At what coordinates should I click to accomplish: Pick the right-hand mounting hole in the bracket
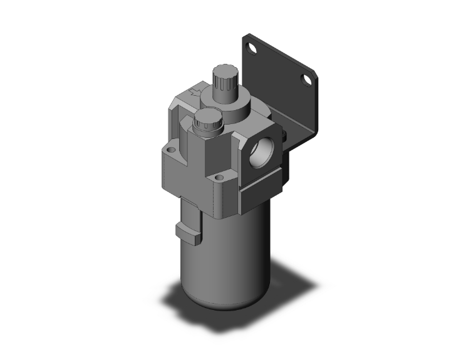point(308,80)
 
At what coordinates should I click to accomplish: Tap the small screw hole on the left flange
point(170,150)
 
